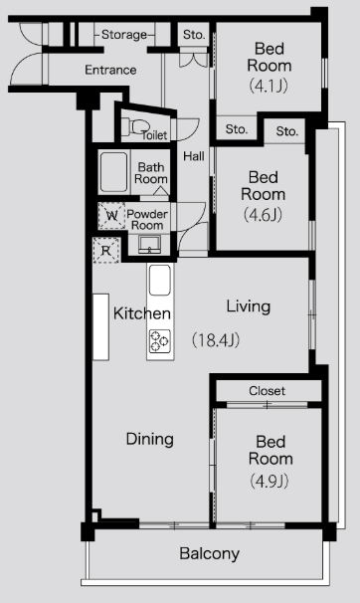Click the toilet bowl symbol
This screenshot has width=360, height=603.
135,127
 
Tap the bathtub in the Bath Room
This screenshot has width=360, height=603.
113,172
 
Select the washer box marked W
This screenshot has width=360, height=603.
111,216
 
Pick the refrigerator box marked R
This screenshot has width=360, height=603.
106,251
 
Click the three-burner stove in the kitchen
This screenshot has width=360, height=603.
160,340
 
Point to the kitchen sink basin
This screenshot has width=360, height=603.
160,280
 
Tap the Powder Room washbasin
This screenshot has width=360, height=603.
149,245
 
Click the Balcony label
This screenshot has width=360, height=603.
210,554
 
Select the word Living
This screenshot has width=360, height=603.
249,306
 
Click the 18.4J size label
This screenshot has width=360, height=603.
216,340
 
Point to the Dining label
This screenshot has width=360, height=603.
150,439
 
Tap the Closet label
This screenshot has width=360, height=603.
268,391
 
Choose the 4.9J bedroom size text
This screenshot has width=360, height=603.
269,481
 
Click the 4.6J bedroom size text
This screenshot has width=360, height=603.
263,214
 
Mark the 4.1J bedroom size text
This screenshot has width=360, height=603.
269,85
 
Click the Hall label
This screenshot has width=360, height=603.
194,156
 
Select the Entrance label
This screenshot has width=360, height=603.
110,70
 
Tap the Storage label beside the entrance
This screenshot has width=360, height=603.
124,35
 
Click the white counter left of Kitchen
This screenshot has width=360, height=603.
101,327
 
